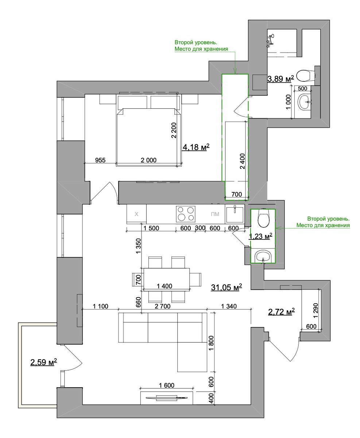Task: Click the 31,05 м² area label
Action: [227, 287]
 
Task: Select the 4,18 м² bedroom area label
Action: [196, 147]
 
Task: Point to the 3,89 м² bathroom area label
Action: [281, 79]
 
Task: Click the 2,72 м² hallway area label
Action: [281, 312]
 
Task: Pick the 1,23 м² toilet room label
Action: [260, 236]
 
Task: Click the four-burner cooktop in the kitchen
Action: [186, 214]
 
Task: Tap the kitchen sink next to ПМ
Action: [235, 214]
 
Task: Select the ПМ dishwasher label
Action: [215, 214]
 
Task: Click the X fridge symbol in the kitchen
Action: [136, 214]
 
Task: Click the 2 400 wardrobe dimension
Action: [242, 161]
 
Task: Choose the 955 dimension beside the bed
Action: [100, 160]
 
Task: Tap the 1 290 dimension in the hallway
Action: [316, 311]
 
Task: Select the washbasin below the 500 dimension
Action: [305, 102]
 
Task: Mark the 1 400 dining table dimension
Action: [164, 286]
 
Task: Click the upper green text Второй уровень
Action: [196, 42]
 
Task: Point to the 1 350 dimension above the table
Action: [138, 246]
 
